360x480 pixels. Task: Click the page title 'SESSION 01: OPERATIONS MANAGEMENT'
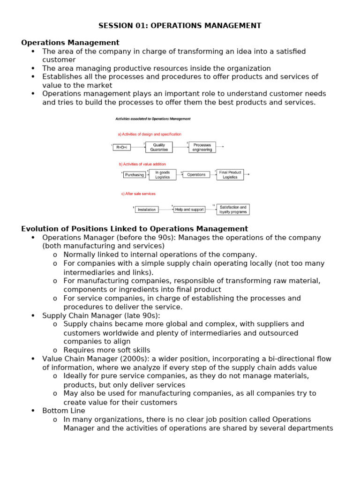pyautogui.click(x=180, y=26)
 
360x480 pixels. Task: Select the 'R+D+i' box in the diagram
pyautogui.click(x=122, y=147)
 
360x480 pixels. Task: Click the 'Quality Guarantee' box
pyautogui.click(x=159, y=147)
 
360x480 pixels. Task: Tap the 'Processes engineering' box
pyautogui.click(x=202, y=147)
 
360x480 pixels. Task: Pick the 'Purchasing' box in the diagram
pyautogui.click(x=135, y=175)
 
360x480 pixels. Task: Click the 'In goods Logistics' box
pyautogui.click(x=163, y=175)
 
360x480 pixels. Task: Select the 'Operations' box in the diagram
pyautogui.click(x=196, y=175)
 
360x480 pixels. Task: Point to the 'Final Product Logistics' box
pyautogui.click(x=230, y=175)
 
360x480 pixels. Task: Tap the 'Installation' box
pyautogui.click(x=147, y=210)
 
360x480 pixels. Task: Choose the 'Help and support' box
pyautogui.click(x=189, y=210)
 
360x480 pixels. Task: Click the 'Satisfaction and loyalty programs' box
pyautogui.click(x=232, y=210)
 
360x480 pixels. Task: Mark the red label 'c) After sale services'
pyautogui.click(x=138, y=194)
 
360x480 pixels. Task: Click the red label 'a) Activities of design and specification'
pyautogui.click(x=150, y=134)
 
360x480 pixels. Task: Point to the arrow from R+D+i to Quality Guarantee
pyautogui.click(x=138, y=147)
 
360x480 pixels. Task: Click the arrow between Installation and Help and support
pyautogui.click(x=166, y=210)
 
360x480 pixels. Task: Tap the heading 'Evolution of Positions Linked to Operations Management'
pyautogui.click(x=135, y=229)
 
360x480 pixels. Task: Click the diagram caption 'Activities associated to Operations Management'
pyautogui.click(x=153, y=119)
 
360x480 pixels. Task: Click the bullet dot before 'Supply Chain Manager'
pyautogui.click(x=33, y=315)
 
